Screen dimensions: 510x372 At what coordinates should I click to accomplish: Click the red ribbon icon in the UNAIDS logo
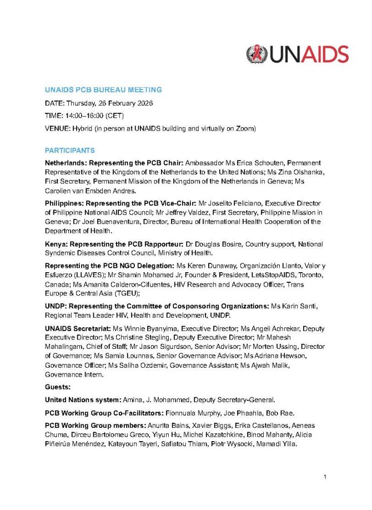(257, 54)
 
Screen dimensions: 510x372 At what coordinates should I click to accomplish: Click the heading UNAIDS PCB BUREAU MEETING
(103, 90)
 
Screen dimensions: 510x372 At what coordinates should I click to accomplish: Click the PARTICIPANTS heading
(70, 151)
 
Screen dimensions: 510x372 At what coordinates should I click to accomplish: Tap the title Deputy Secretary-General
(234, 399)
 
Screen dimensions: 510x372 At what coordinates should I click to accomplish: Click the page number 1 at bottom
(325, 477)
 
